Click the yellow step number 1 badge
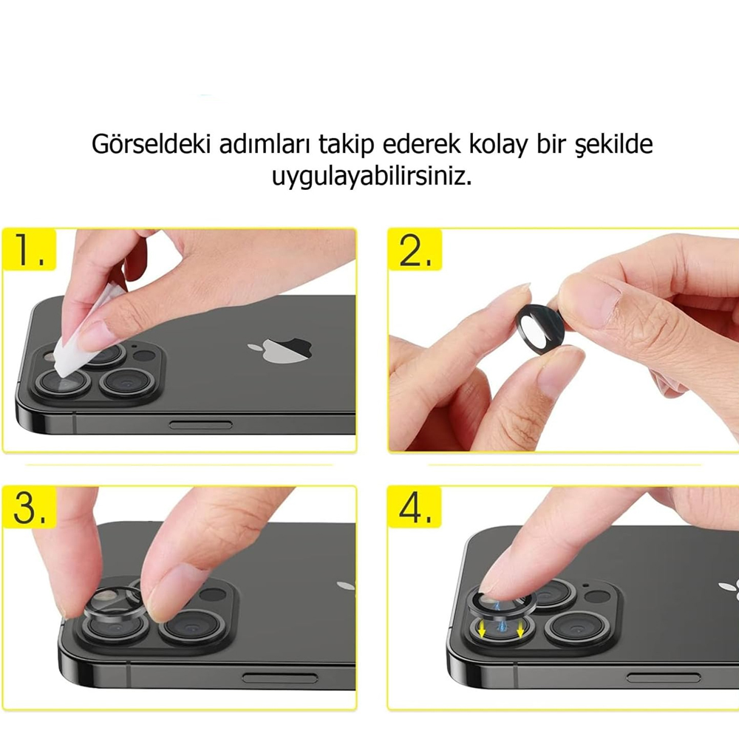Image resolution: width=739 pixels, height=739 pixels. coord(30,250)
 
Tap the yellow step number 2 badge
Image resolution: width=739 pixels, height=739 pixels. coord(415,250)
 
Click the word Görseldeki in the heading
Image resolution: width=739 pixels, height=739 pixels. coord(150,144)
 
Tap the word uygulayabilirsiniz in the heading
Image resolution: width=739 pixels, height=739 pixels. coord(372,177)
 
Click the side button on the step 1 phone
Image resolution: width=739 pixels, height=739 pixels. coord(201,425)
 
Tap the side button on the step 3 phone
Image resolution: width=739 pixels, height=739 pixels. coord(280,678)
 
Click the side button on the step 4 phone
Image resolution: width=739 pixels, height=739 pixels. coord(663,678)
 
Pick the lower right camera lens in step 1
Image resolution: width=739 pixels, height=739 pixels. coord(127,382)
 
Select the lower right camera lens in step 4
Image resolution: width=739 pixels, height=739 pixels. coord(577,627)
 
